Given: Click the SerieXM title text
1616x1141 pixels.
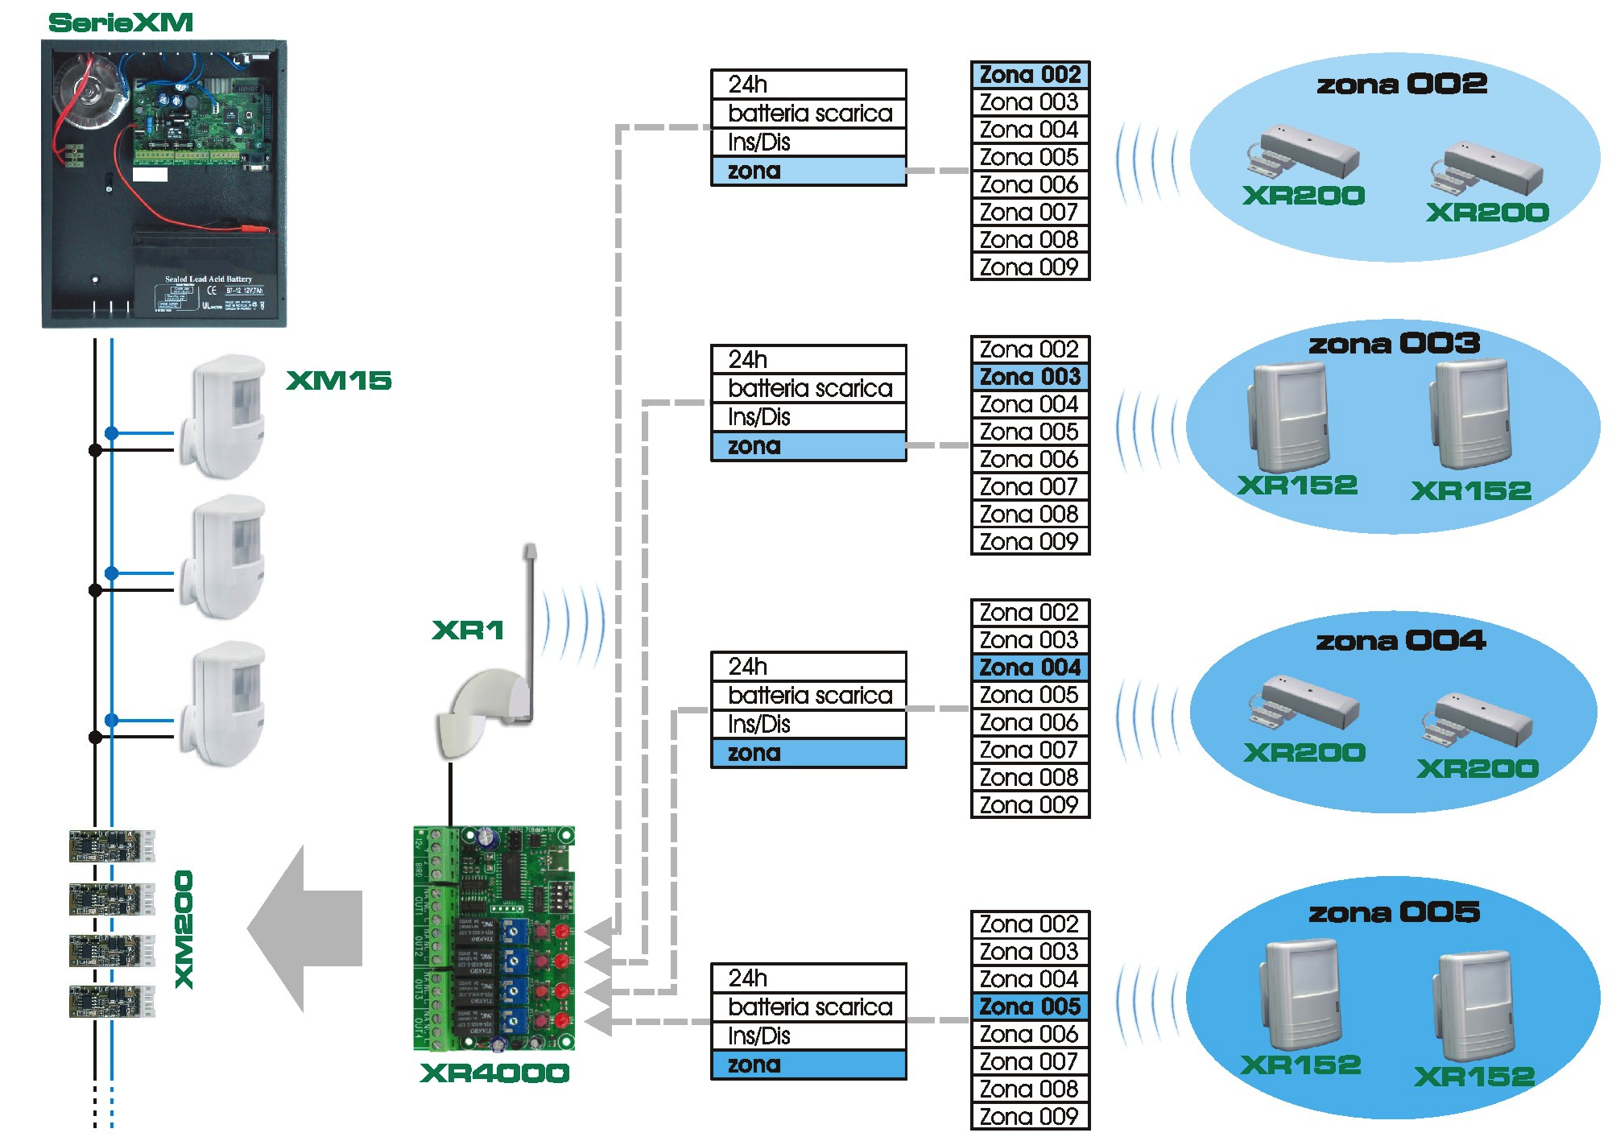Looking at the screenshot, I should click(121, 23).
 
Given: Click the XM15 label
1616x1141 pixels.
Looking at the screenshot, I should click(339, 380).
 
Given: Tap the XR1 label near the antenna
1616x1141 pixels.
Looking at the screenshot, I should click(468, 630).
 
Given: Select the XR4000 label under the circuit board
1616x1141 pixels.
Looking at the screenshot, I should click(494, 1073).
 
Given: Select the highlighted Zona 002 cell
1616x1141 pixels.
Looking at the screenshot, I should click(1030, 75).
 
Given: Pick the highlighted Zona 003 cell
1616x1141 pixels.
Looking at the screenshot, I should click(1030, 377).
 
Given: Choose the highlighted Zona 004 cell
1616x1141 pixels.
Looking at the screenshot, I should click(1030, 668).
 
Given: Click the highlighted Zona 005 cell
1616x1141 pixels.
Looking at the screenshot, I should click(1030, 1007).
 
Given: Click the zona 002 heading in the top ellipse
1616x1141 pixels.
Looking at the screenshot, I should click(1401, 84).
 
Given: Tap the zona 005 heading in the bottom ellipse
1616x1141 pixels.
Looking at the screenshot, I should click(1394, 912).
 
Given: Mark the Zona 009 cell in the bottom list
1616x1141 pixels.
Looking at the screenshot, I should click(1030, 1116).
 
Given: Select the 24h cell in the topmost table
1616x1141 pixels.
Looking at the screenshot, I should click(808, 85).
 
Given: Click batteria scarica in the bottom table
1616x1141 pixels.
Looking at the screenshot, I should click(808, 1007).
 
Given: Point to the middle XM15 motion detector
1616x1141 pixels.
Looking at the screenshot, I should click(225, 557).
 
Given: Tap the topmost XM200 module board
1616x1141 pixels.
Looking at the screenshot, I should click(111, 846).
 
